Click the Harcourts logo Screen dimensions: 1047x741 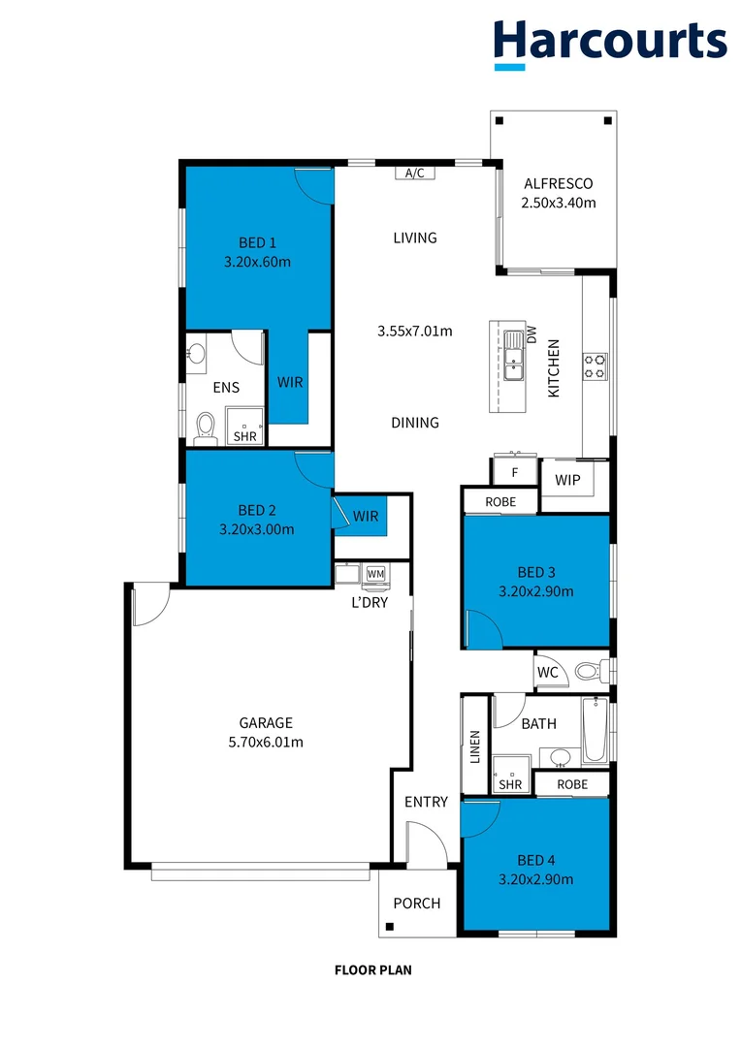pos(609,43)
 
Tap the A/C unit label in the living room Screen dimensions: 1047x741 pos(415,174)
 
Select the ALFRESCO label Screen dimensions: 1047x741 pos(558,183)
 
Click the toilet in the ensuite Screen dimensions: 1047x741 pos(205,427)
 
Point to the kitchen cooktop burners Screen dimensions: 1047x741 pos(595,365)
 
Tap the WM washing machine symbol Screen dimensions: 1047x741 pos(375,574)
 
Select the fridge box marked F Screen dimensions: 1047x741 pos(515,473)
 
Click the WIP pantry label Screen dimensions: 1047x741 pos(567,480)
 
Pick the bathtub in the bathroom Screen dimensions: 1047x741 pos(595,732)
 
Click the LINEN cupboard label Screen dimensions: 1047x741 pos(475,747)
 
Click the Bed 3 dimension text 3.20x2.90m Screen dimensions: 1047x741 pos(535,591)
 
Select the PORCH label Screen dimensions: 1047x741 pos(416,903)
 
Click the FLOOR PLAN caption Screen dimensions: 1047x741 pos(372,969)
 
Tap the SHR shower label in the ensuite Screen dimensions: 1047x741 pos(243,436)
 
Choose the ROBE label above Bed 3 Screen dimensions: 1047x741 pos(499,501)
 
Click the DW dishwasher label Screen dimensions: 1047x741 pos(531,334)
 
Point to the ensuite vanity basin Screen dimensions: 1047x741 pos(197,354)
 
